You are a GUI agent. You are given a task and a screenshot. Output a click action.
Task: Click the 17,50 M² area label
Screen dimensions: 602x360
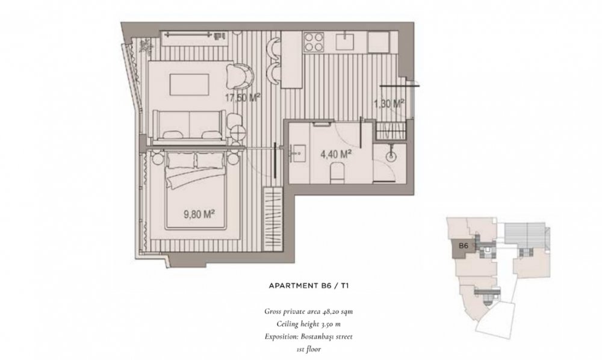[x=243, y=98]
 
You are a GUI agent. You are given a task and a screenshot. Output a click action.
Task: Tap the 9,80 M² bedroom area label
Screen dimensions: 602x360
[x=199, y=214]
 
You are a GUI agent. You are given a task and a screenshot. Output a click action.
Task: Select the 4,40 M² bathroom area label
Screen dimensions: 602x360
[x=337, y=155]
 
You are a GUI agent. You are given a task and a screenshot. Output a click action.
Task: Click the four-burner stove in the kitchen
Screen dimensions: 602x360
[x=314, y=42]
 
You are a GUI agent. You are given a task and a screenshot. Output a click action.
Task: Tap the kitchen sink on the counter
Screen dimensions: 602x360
[x=345, y=41]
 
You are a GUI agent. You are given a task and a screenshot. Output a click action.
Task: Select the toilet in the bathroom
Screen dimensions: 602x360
[x=338, y=173]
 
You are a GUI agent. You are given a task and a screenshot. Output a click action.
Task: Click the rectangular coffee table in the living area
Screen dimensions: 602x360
[x=189, y=85]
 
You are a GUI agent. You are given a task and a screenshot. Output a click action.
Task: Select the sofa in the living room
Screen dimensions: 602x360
[x=189, y=124]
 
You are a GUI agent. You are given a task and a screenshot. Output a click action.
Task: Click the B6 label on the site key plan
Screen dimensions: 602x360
[x=464, y=246]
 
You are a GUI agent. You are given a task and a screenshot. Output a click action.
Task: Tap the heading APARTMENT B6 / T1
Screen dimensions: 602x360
[x=309, y=286]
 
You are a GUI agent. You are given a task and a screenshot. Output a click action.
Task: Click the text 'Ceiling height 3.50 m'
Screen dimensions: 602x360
[x=308, y=324]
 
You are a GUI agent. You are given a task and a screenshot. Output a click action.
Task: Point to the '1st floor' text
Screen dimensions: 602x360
[x=308, y=349]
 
